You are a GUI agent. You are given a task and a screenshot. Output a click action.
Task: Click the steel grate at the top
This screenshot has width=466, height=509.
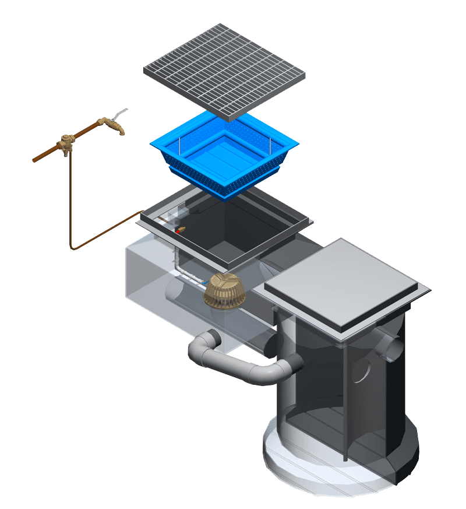click(224, 70)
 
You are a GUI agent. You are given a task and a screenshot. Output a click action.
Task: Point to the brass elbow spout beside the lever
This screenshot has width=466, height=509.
click(113, 126)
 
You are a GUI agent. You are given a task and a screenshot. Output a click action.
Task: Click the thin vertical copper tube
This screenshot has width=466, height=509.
click(70, 198)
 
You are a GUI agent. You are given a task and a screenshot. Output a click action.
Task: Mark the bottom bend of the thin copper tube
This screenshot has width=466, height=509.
click(73, 247)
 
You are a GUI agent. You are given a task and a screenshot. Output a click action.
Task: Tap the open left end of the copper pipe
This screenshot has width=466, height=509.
click(34, 160)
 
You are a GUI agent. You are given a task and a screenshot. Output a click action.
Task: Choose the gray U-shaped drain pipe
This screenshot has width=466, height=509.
click(233, 364)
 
